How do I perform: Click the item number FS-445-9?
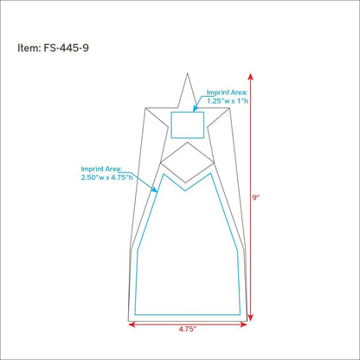66,48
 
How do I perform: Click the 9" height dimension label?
256,197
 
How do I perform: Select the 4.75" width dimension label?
188,329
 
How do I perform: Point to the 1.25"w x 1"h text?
228,101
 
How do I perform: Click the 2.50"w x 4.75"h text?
106,177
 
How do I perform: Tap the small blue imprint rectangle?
188,112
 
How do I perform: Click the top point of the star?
188,74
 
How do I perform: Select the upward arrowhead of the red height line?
251,76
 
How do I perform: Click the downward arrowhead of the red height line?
251,318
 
